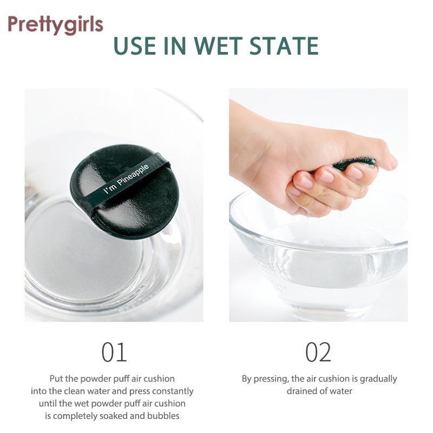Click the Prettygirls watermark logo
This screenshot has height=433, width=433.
(56, 25)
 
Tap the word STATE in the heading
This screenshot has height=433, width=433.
(284, 46)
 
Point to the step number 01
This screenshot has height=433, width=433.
(114, 352)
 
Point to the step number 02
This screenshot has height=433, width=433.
(318, 352)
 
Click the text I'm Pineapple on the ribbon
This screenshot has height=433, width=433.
(126, 179)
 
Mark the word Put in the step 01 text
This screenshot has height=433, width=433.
(56, 378)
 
